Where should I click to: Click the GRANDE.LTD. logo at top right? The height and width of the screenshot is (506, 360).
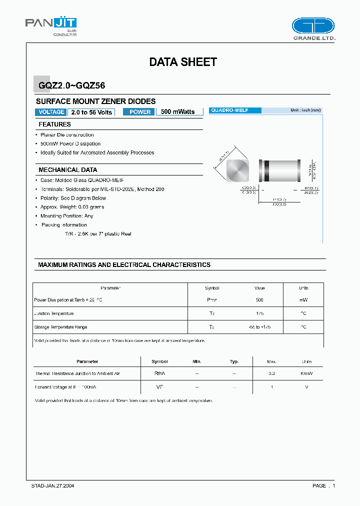coord(313,29)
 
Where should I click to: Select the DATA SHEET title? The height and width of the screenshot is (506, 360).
coord(183,62)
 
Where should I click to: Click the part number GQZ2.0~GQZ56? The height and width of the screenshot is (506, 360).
coord(71,85)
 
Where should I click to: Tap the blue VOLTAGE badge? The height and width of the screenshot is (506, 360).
coord(51,112)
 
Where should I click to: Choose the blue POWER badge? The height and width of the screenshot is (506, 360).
coord(139,112)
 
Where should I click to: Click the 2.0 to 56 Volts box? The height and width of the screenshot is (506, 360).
coord(91,112)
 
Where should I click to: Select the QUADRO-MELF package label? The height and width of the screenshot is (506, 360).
coord(229,110)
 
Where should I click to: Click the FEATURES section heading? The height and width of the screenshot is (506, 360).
coord(55,124)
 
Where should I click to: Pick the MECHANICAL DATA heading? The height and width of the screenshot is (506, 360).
coord(68,170)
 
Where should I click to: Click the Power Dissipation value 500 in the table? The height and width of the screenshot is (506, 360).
coord(259,300)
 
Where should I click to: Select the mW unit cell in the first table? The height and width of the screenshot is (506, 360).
coord(303,300)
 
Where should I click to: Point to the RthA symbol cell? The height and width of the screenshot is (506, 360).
coord(159,373)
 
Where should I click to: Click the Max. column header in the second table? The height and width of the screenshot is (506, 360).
coord(271,361)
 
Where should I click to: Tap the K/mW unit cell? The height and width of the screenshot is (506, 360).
coord(306,373)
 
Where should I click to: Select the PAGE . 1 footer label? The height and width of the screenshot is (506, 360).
coord(323,485)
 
